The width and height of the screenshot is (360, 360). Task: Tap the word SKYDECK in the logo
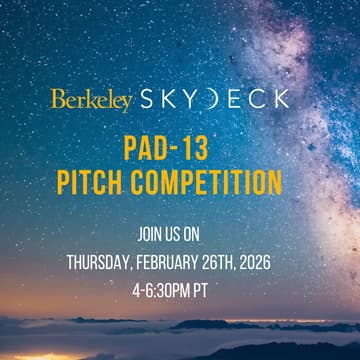click(x=214, y=98)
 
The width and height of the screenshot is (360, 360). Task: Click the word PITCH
click(x=118, y=184)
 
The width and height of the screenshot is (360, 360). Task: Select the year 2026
click(x=274, y=264)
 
